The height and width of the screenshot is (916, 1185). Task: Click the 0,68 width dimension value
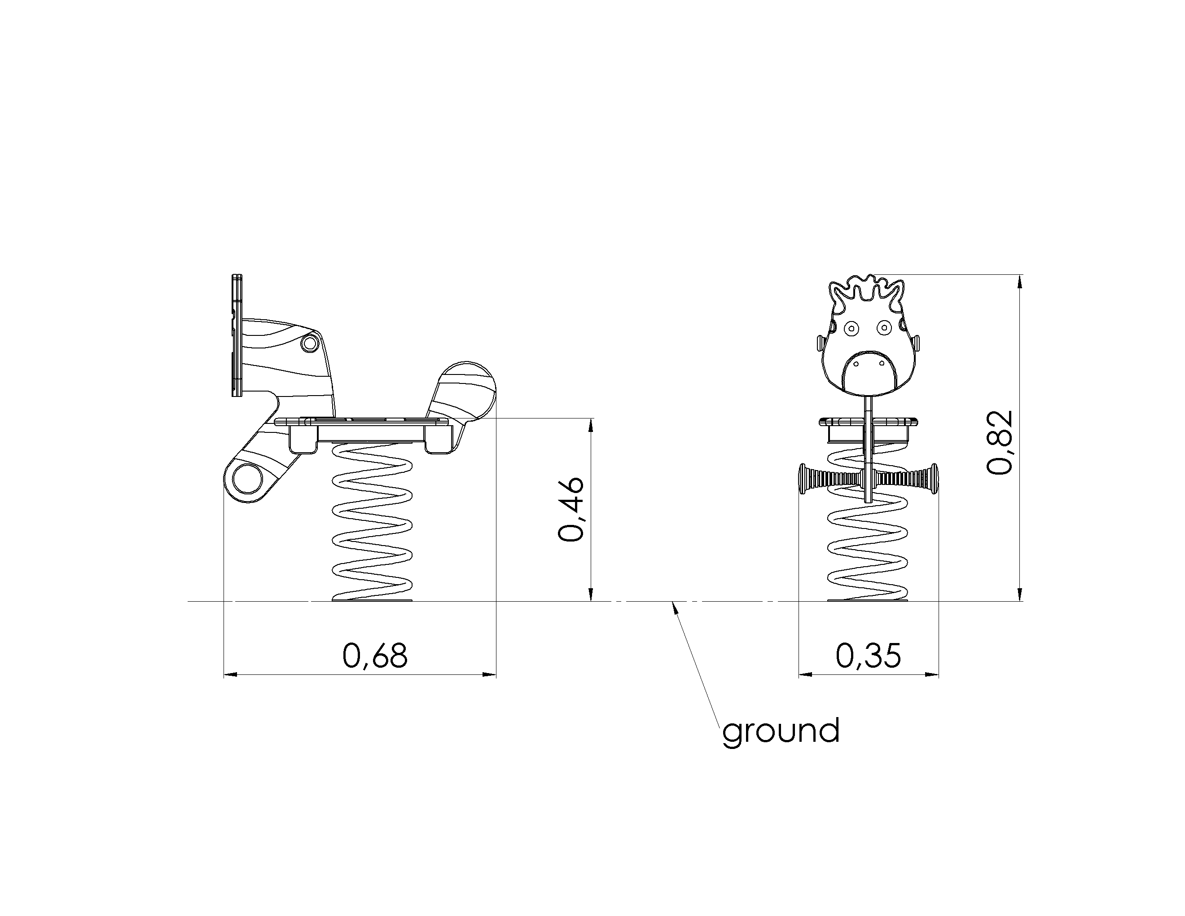coord(375,655)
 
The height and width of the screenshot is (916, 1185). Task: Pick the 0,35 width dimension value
coord(868,655)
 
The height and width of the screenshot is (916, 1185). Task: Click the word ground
coord(781,731)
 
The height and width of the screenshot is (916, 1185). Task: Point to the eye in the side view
coord(310,343)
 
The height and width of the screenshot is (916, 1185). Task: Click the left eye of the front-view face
coord(851,328)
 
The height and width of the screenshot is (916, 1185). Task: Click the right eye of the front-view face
coord(884,327)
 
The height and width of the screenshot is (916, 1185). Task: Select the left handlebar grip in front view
coord(829,479)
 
